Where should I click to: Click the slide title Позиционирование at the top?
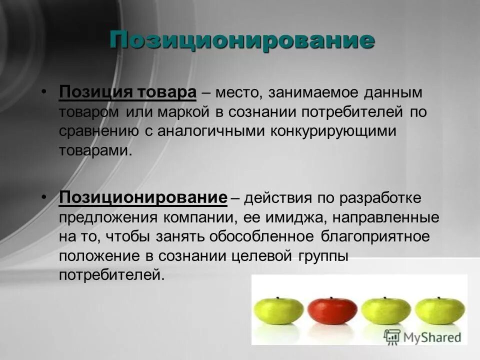tap(242, 40)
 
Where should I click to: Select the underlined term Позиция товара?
tap(127, 92)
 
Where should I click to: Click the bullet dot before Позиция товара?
tap(44, 92)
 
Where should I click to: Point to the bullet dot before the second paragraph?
tap(44, 197)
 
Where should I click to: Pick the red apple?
tap(332, 310)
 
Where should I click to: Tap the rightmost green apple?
tap(439, 310)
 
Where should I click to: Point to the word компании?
tap(199, 217)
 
